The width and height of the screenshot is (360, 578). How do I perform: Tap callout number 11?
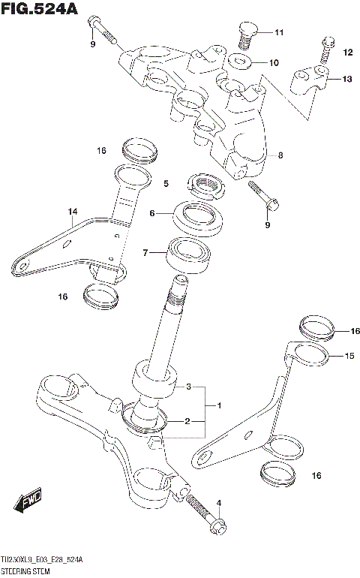[x=279, y=32]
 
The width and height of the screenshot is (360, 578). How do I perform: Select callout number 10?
[x=274, y=62]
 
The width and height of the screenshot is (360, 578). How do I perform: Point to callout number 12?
[x=347, y=52]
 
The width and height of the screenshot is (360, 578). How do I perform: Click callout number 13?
[x=346, y=79]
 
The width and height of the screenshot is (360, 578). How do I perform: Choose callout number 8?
[x=280, y=156]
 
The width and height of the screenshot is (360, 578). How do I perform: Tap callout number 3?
[x=190, y=387]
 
